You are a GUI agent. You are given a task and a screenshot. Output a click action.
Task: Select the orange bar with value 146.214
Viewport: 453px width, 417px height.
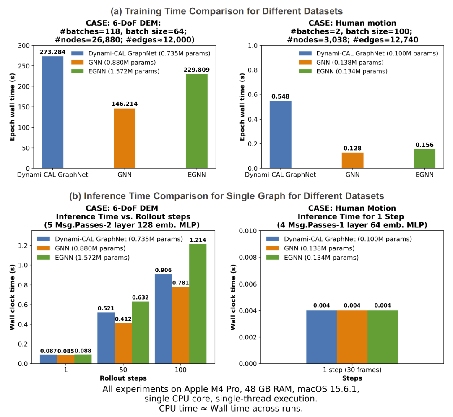pyautogui.click(x=125, y=138)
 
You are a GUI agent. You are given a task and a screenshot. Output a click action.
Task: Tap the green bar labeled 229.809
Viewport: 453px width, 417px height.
pyautogui.click(x=197, y=121)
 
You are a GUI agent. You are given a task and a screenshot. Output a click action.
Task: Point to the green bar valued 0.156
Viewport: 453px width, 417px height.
pyautogui.click(x=425, y=159)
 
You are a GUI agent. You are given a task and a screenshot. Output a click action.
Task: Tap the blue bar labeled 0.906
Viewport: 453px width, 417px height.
pyautogui.click(x=164, y=319)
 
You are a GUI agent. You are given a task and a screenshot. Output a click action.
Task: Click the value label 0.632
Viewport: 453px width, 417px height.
pyautogui.click(x=141, y=297)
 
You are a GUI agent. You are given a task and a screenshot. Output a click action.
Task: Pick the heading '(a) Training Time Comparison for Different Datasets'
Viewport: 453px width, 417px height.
pyautogui.click(x=227, y=11)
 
